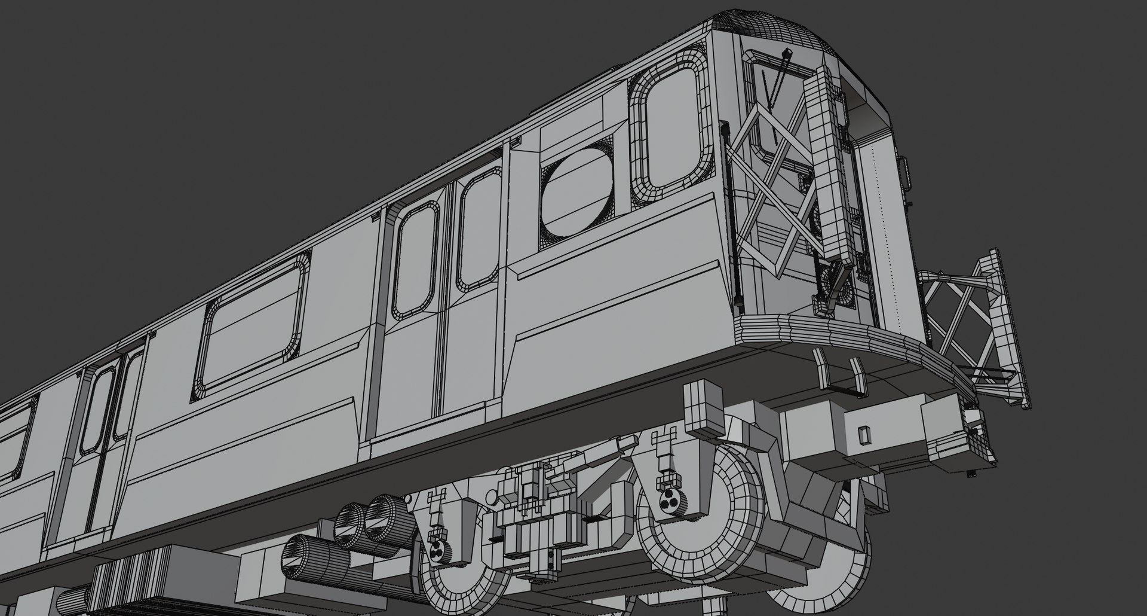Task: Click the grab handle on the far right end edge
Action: click(x=904, y=173)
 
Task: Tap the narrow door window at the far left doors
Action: click(x=96, y=413)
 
